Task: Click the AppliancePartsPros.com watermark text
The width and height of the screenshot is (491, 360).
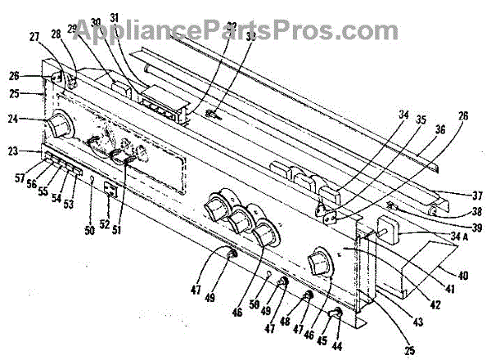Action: click(245, 30)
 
